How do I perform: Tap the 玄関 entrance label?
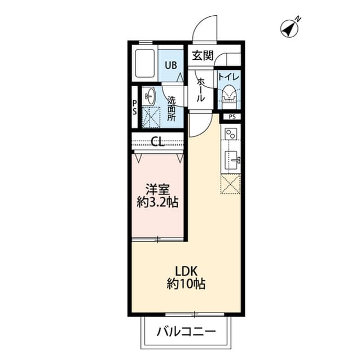[x=202, y=55]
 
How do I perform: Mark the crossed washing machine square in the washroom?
[x=150, y=117]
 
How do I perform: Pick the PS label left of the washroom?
[x=134, y=107]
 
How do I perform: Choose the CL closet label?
[x=157, y=142]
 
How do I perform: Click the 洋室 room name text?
[x=157, y=190]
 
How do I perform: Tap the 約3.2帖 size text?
[x=157, y=203]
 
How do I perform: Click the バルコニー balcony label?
[x=186, y=331]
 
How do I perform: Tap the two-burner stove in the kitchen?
[x=231, y=135]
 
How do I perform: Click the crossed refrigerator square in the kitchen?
[x=230, y=184]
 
